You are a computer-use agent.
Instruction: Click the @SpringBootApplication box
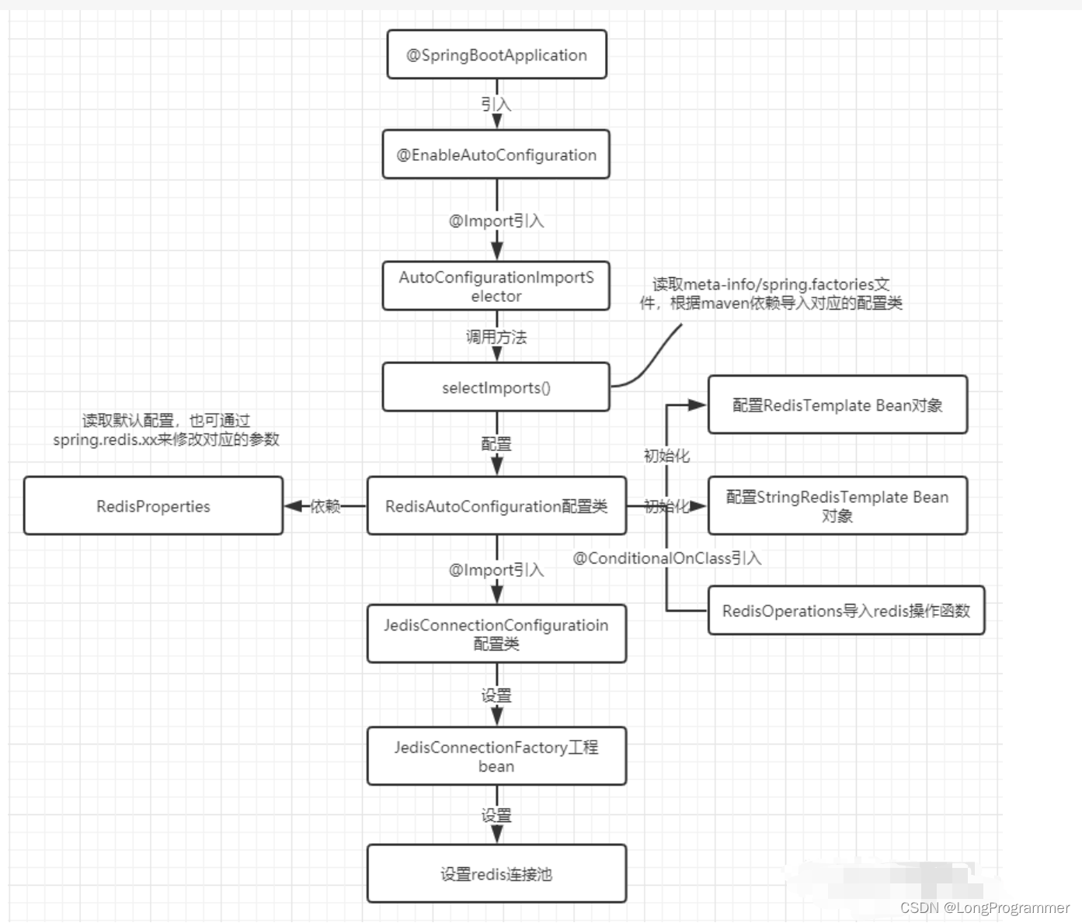tap(496, 54)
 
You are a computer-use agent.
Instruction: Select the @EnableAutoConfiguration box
tap(496, 154)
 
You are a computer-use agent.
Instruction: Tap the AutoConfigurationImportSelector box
tap(496, 286)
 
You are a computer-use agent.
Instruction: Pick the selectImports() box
tap(496, 387)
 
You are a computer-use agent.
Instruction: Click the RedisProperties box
tap(153, 506)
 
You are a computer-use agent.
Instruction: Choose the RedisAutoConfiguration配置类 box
tap(496, 506)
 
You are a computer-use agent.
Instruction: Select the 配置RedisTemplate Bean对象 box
tap(837, 404)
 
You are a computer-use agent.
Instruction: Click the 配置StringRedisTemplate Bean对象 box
tap(837, 506)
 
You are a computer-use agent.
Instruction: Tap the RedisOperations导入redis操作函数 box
tap(846, 610)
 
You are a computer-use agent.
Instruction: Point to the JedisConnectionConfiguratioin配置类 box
tap(496, 633)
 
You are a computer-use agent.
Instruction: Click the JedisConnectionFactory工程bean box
tap(496, 756)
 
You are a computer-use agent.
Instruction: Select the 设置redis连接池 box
tap(496, 874)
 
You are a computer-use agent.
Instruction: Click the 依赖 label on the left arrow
tap(325, 506)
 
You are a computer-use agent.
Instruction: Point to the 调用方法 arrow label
tap(496, 337)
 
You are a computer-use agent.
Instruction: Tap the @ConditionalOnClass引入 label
tap(666, 558)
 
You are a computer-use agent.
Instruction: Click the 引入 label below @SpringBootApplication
tap(496, 104)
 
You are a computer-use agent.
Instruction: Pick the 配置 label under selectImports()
tap(496, 444)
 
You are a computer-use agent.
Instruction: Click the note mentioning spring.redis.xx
tap(166, 430)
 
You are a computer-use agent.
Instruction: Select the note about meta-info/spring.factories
tap(771, 293)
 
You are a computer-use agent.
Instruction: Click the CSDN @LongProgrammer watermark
tap(985, 907)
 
